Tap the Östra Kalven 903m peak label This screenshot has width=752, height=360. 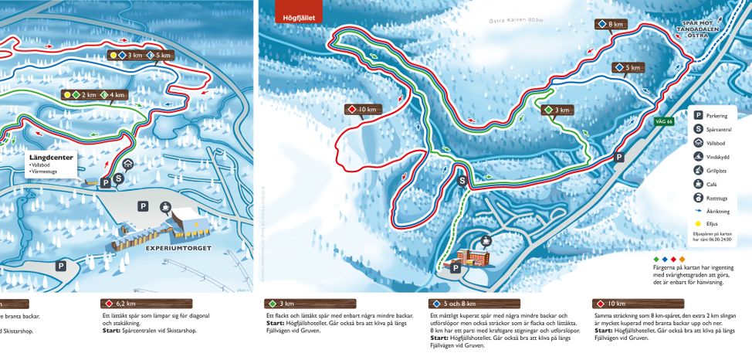tap(517, 22)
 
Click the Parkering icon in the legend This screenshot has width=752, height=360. tap(698, 114)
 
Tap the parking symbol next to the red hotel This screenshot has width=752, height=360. tap(456, 268)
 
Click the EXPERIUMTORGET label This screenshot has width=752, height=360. tap(174, 250)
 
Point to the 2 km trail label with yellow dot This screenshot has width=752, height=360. tap(81, 94)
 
